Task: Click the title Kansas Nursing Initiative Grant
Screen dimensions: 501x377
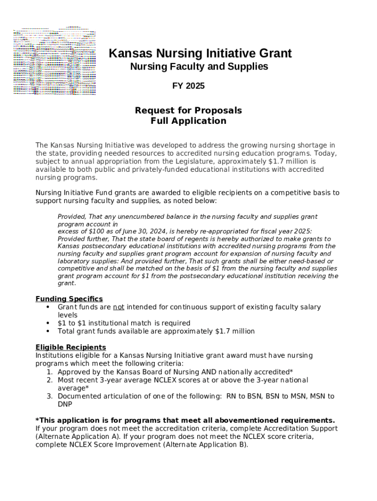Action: click(200, 53)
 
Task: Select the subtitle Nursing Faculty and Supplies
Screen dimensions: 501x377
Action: click(199, 67)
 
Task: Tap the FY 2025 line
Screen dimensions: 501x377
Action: click(188, 86)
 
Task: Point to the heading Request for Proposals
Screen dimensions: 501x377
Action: click(188, 111)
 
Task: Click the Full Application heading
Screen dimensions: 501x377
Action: click(188, 121)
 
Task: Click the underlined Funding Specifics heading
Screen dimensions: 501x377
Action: click(69, 299)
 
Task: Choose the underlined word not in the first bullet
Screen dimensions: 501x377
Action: click(118, 307)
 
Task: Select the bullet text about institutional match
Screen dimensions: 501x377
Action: click(124, 323)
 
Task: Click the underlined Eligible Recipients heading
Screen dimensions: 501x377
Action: click(71, 347)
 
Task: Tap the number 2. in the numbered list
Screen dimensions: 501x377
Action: click(50, 380)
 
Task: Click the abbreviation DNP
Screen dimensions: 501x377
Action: click(65, 404)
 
